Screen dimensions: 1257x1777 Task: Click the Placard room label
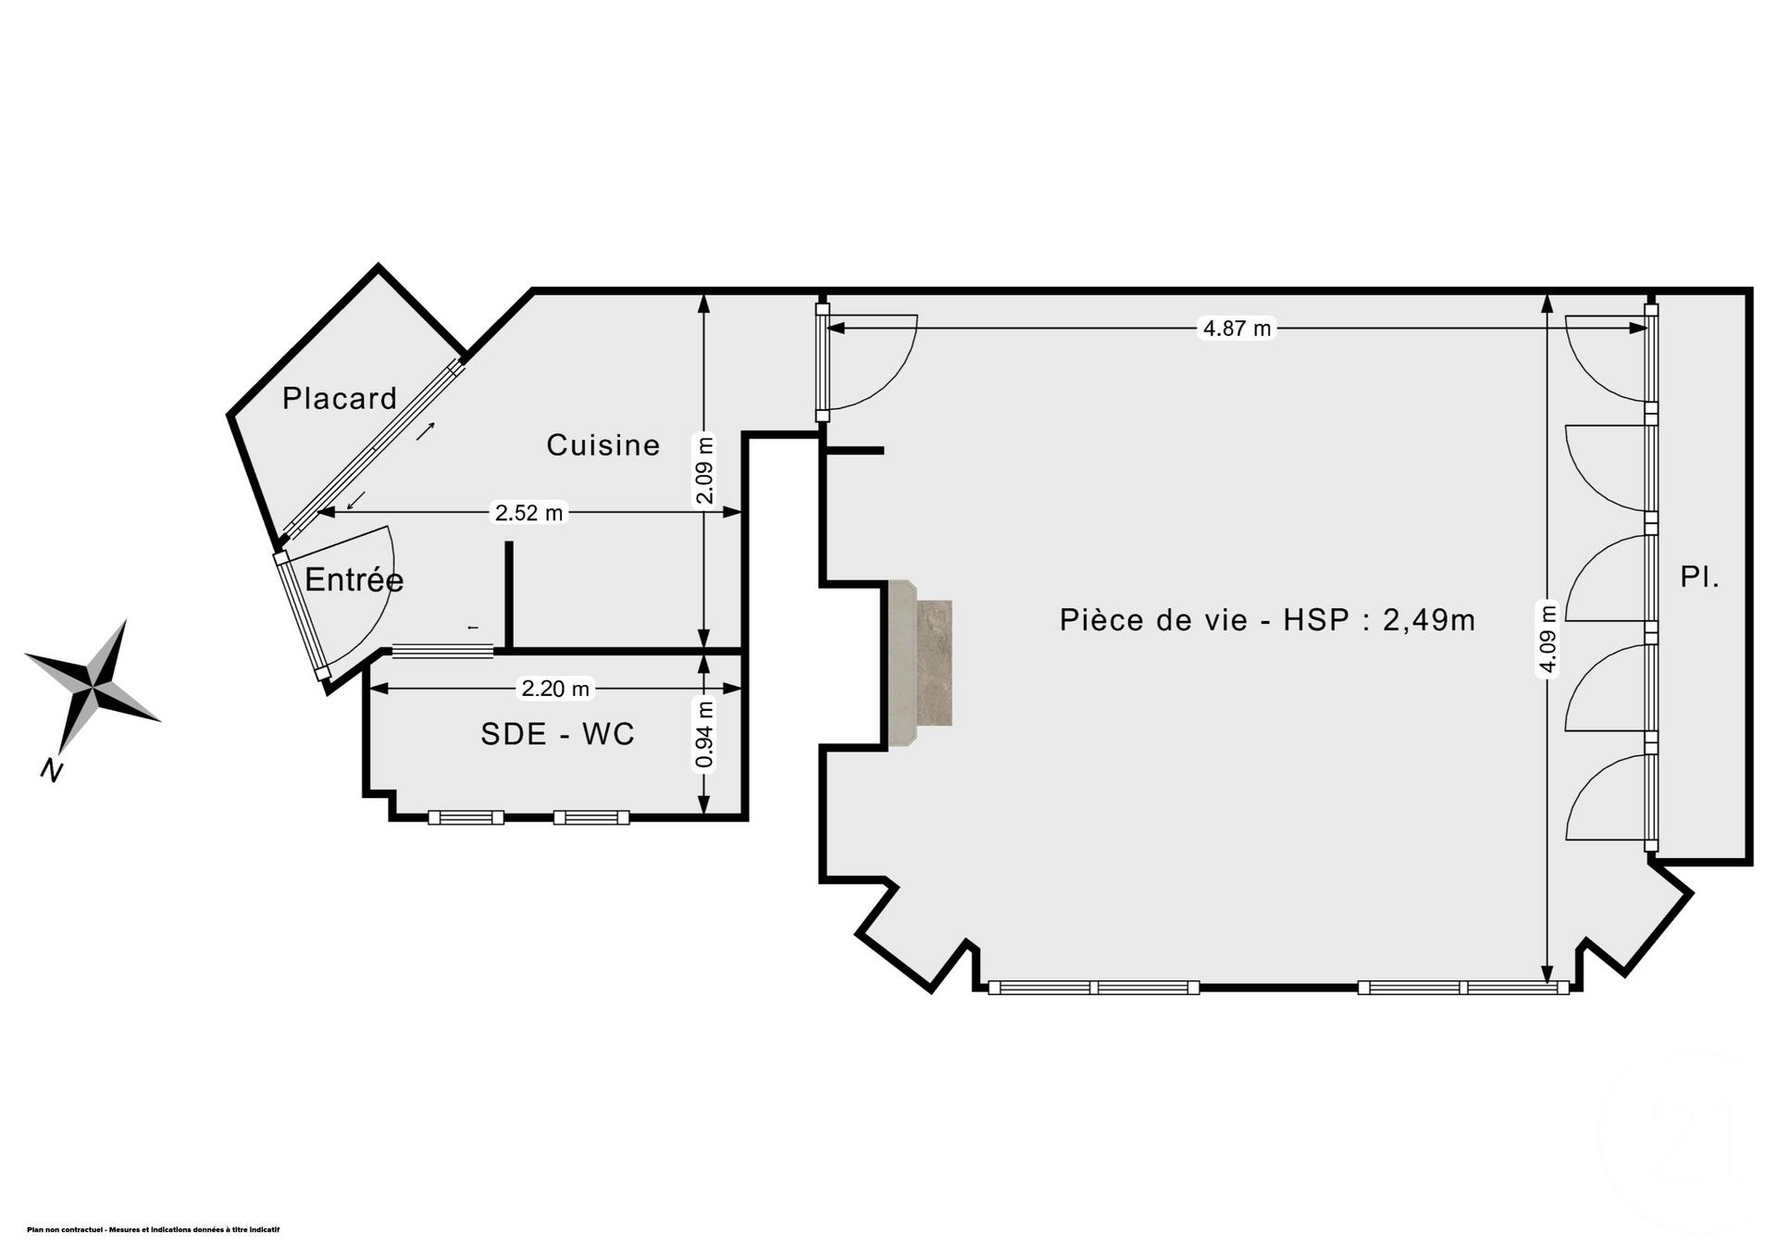(x=340, y=399)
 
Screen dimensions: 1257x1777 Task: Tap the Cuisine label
(x=603, y=445)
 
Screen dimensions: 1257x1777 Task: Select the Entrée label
(x=354, y=580)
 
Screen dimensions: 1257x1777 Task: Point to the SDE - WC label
(x=557, y=734)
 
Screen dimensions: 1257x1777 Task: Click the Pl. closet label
(x=1700, y=579)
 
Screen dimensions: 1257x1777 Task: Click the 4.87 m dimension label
(x=1236, y=328)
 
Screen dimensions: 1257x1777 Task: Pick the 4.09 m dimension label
(x=1547, y=639)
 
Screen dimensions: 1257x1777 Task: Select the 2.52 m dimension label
(x=528, y=512)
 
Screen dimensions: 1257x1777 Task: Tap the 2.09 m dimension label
(x=705, y=470)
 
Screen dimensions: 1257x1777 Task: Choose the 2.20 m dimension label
(x=555, y=689)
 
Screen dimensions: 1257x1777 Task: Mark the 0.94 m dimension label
(x=705, y=735)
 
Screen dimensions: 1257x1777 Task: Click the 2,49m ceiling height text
(x=1429, y=619)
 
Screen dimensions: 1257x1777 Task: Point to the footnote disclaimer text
(x=154, y=1229)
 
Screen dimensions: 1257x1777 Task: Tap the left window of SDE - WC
(x=466, y=817)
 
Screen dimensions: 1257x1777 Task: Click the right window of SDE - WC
(x=591, y=817)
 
